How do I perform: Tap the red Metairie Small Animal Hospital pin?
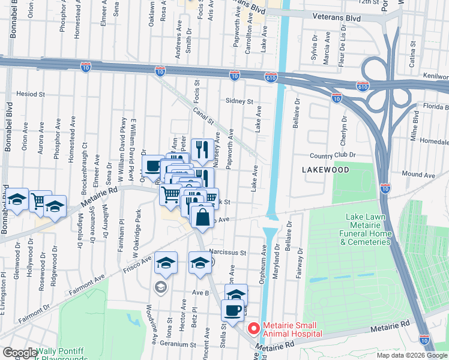coord(254,329)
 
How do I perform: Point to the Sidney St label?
coord(240,101)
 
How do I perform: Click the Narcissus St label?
coord(228,253)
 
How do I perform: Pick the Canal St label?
coord(203,112)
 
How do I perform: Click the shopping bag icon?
coord(203,217)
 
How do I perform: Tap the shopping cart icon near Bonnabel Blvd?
coord(40,201)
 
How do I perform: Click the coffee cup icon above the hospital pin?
coord(233,310)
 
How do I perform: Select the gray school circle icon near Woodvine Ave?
coord(160,287)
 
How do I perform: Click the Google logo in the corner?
coord(19,353)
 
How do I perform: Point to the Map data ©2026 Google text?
coord(411,355)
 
